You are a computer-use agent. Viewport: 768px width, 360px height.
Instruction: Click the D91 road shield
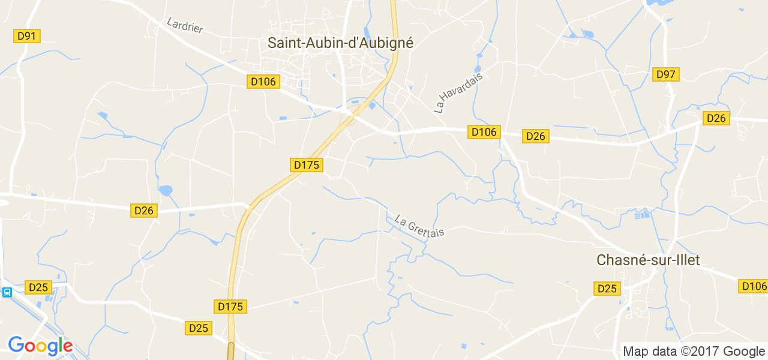click(x=27, y=36)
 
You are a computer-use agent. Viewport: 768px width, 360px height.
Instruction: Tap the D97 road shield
click(x=666, y=74)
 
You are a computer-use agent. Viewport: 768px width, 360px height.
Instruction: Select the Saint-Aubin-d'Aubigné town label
click(x=340, y=43)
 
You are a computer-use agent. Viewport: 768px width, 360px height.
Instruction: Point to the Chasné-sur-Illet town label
click(x=648, y=260)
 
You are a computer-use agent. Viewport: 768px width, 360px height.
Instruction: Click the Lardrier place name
click(x=185, y=25)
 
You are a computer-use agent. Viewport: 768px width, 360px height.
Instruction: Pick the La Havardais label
click(x=458, y=90)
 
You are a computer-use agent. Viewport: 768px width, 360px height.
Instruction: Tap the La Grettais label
click(x=419, y=226)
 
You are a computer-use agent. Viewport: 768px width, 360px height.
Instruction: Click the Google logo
click(x=40, y=346)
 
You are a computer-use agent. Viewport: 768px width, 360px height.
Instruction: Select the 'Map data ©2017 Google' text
click(x=694, y=352)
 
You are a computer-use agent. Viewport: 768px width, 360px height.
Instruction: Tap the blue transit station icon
click(x=7, y=292)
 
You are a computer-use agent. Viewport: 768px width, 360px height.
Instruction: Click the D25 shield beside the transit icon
click(x=38, y=287)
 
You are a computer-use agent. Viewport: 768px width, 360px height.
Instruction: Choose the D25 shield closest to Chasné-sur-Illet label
click(x=607, y=289)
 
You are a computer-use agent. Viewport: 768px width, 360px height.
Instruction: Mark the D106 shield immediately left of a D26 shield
click(x=484, y=132)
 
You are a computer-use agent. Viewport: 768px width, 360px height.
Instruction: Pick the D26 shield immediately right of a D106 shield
click(x=535, y=136)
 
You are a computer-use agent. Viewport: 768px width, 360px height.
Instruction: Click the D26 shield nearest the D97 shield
click(x=716, y=118)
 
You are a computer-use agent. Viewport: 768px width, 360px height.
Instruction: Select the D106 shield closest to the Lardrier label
click(x=263, y=82)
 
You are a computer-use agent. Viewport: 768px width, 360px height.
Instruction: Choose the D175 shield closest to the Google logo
click(x=230, y=307)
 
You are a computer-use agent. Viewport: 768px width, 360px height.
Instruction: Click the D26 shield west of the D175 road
click(x=145, y=211)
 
